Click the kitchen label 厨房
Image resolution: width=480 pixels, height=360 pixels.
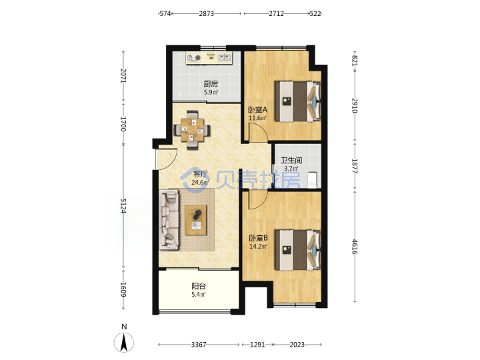[211, 83]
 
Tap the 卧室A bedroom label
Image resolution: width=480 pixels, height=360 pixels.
[257, 109]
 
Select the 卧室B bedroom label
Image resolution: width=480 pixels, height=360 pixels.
[259, 238]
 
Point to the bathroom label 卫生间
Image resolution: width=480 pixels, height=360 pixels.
[291, 160]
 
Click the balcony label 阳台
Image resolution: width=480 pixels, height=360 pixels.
[199, 286]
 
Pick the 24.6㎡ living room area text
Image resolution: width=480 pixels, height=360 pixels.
[200, 183]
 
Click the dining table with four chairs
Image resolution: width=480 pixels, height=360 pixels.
[192, 130]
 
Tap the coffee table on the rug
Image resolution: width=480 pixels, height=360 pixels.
[195, 220]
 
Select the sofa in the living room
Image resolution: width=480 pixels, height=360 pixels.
[169, 219]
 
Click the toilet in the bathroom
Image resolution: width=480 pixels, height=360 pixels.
[312, 180]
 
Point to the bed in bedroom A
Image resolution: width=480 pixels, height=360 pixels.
[297, 101]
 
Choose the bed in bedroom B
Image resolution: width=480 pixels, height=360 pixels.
[297, 250]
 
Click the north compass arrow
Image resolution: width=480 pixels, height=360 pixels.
[124, 342]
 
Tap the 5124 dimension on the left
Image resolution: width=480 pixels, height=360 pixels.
[123, 206]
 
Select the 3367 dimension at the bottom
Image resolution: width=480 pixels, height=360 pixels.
[199, 345]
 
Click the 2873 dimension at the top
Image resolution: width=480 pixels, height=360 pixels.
[206, 13]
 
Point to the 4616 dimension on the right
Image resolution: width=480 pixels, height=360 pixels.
[355, 247]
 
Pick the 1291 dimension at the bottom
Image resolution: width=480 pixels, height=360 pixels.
[257, 345]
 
